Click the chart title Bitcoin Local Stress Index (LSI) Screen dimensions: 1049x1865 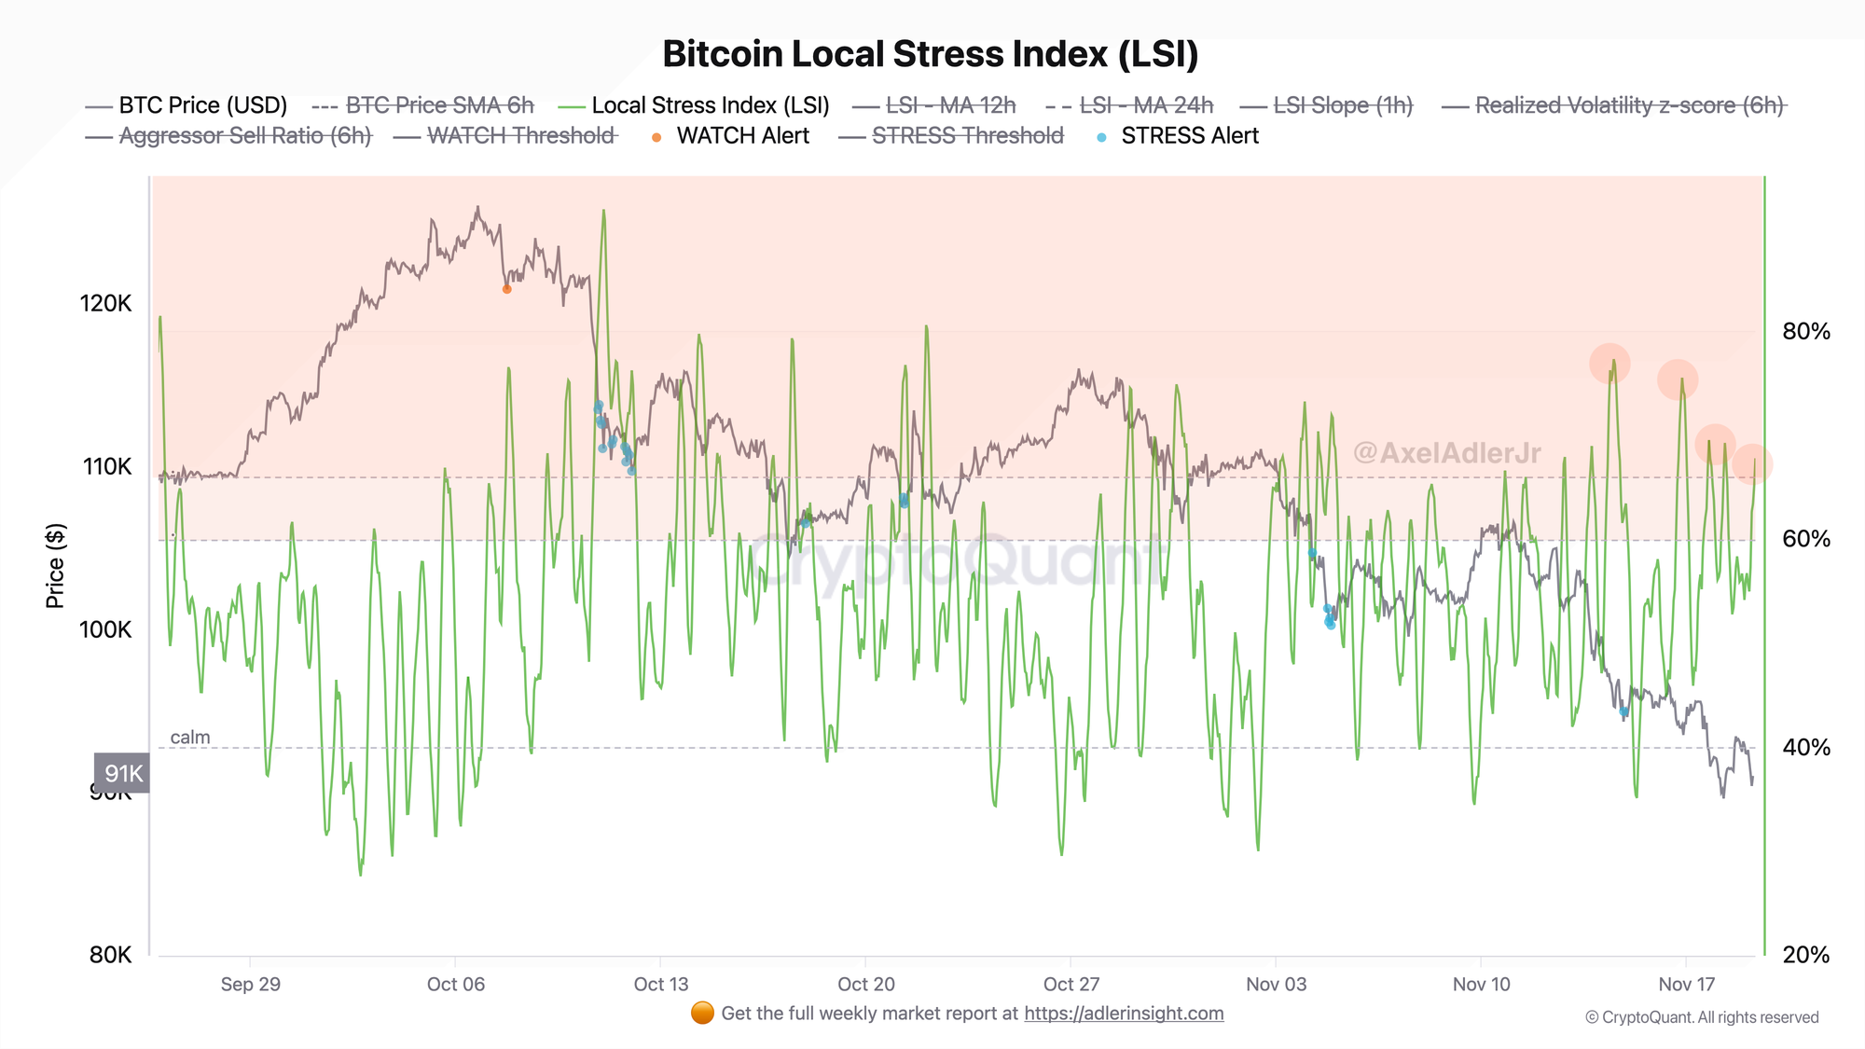[x=930, y=54]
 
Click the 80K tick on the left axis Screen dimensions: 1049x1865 [x=110, y=955]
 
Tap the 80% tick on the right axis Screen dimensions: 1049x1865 [x=1805, y=332]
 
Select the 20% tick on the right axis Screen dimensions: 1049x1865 [x=1805, y=955]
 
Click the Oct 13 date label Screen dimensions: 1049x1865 [x=660, y=985]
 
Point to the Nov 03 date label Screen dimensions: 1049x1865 [x=1276, y=985]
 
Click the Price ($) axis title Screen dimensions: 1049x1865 [x=55, y=566]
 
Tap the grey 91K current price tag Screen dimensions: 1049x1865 [x=122, y=774]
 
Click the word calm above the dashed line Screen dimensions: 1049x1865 [x=190, y=738]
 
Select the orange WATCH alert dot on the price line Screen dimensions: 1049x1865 [x=506, y=289]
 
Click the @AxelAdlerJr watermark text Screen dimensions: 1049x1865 [x=1446, y=453]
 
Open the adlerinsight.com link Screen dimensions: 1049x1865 [x=1124, y=1014]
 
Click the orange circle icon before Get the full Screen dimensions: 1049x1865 [x=702, y=1013]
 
